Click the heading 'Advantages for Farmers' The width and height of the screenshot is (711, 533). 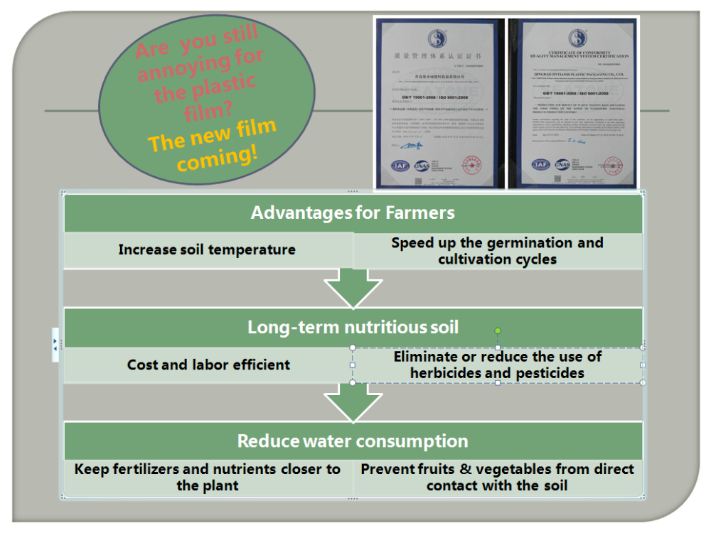353,212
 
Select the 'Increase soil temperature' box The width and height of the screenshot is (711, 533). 207,250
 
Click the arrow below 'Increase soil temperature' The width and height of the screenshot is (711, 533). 353,288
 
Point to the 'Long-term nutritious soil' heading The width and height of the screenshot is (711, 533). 353,327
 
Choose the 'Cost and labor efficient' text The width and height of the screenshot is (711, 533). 208,365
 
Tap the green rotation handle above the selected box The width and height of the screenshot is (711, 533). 498,330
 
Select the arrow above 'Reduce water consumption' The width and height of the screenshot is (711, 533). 353,403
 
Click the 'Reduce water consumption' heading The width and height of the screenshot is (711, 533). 353,441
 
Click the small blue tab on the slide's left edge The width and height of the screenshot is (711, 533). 55,344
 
